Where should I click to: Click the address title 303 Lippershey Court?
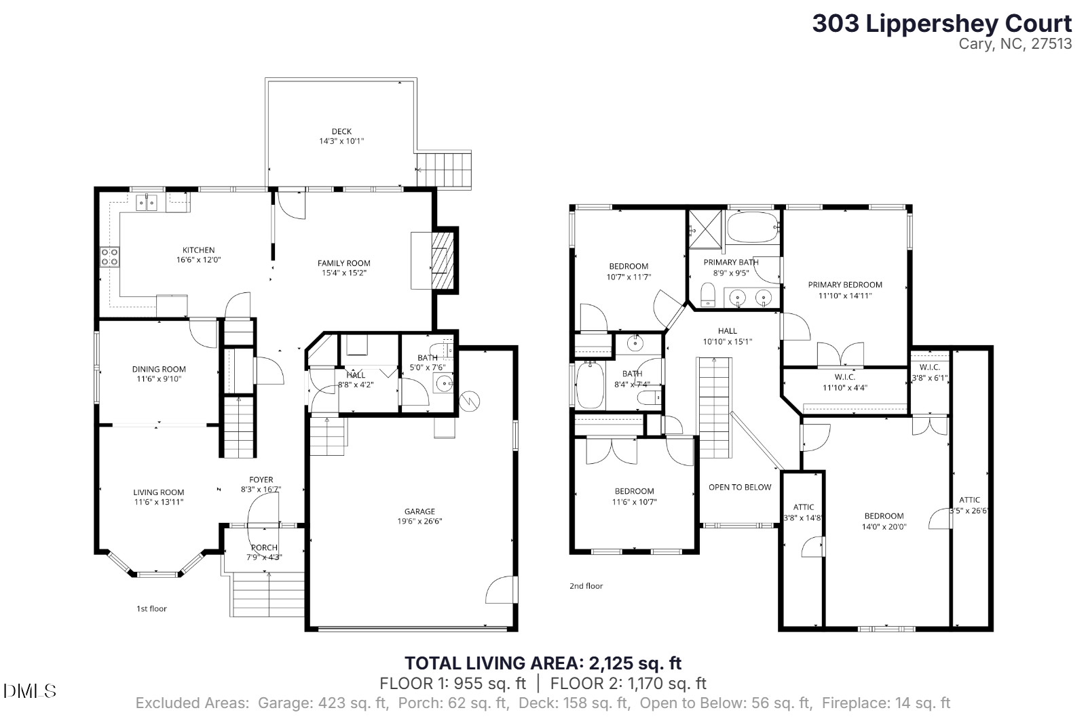click(x=941, y=24)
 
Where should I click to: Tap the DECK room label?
click(x=342, y=132)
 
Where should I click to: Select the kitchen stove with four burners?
click(x=109, y=257)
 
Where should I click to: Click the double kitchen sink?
click(x=147, y=202)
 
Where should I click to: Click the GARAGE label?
click(x=420, y=511)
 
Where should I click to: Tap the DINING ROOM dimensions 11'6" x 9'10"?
click(x=159, y=379)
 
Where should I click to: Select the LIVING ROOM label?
click(x=159, y=492)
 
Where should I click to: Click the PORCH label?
click(x=264, y=547)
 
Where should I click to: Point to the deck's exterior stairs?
click(x=444, y=170)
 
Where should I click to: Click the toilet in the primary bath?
click(x=708, y=295)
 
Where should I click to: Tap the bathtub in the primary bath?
click(x=753, y=227)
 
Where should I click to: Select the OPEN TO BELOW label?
click(x=740, y=487)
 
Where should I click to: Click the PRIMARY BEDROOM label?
click(x=845, y=284)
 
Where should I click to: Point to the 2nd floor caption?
click(x=586, y=586)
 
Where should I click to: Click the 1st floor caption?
click(x=152, y=608)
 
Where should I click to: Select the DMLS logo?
click(x=30, y=691)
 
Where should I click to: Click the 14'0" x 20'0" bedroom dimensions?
click(x=884, y=527)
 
